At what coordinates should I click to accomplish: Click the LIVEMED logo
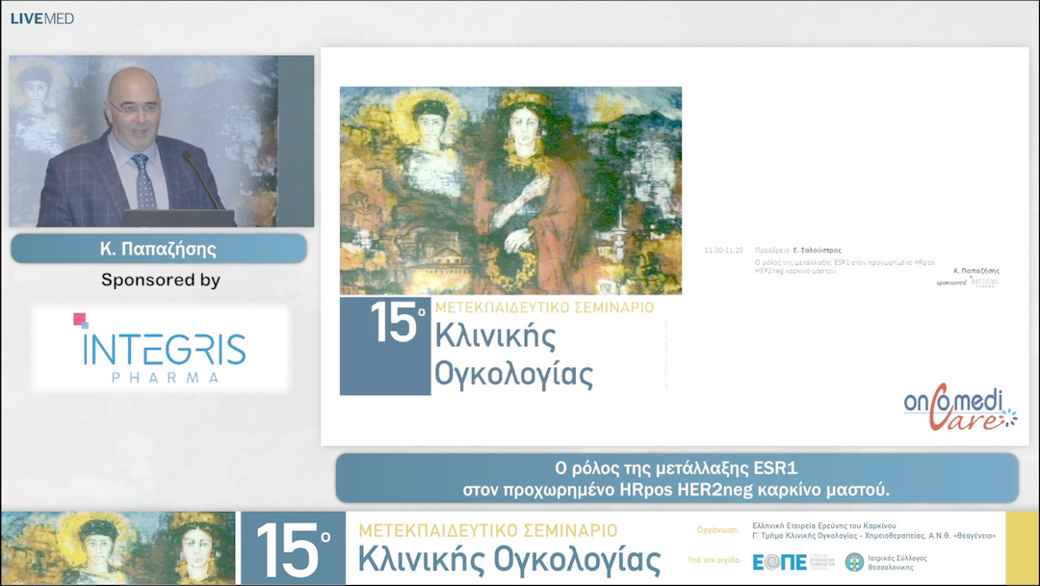[x=42, y=18]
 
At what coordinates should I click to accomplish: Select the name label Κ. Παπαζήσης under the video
[x=158, y=249]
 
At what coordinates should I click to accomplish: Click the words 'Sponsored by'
[x=161, y=280]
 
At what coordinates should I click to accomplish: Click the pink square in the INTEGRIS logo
[x=81, y=320]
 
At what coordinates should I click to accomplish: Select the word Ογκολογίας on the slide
[x=513, y=373]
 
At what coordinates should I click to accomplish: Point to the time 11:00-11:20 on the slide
[x=723, y=250]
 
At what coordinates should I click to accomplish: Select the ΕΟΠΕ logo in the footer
[x=779, y=562]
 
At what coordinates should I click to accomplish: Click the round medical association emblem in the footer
[x=854, y=562]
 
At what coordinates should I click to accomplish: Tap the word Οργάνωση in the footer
[x=717, y=529]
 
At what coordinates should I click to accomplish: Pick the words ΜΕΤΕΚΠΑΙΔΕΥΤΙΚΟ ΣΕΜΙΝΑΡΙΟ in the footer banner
[x=487, y=530]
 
